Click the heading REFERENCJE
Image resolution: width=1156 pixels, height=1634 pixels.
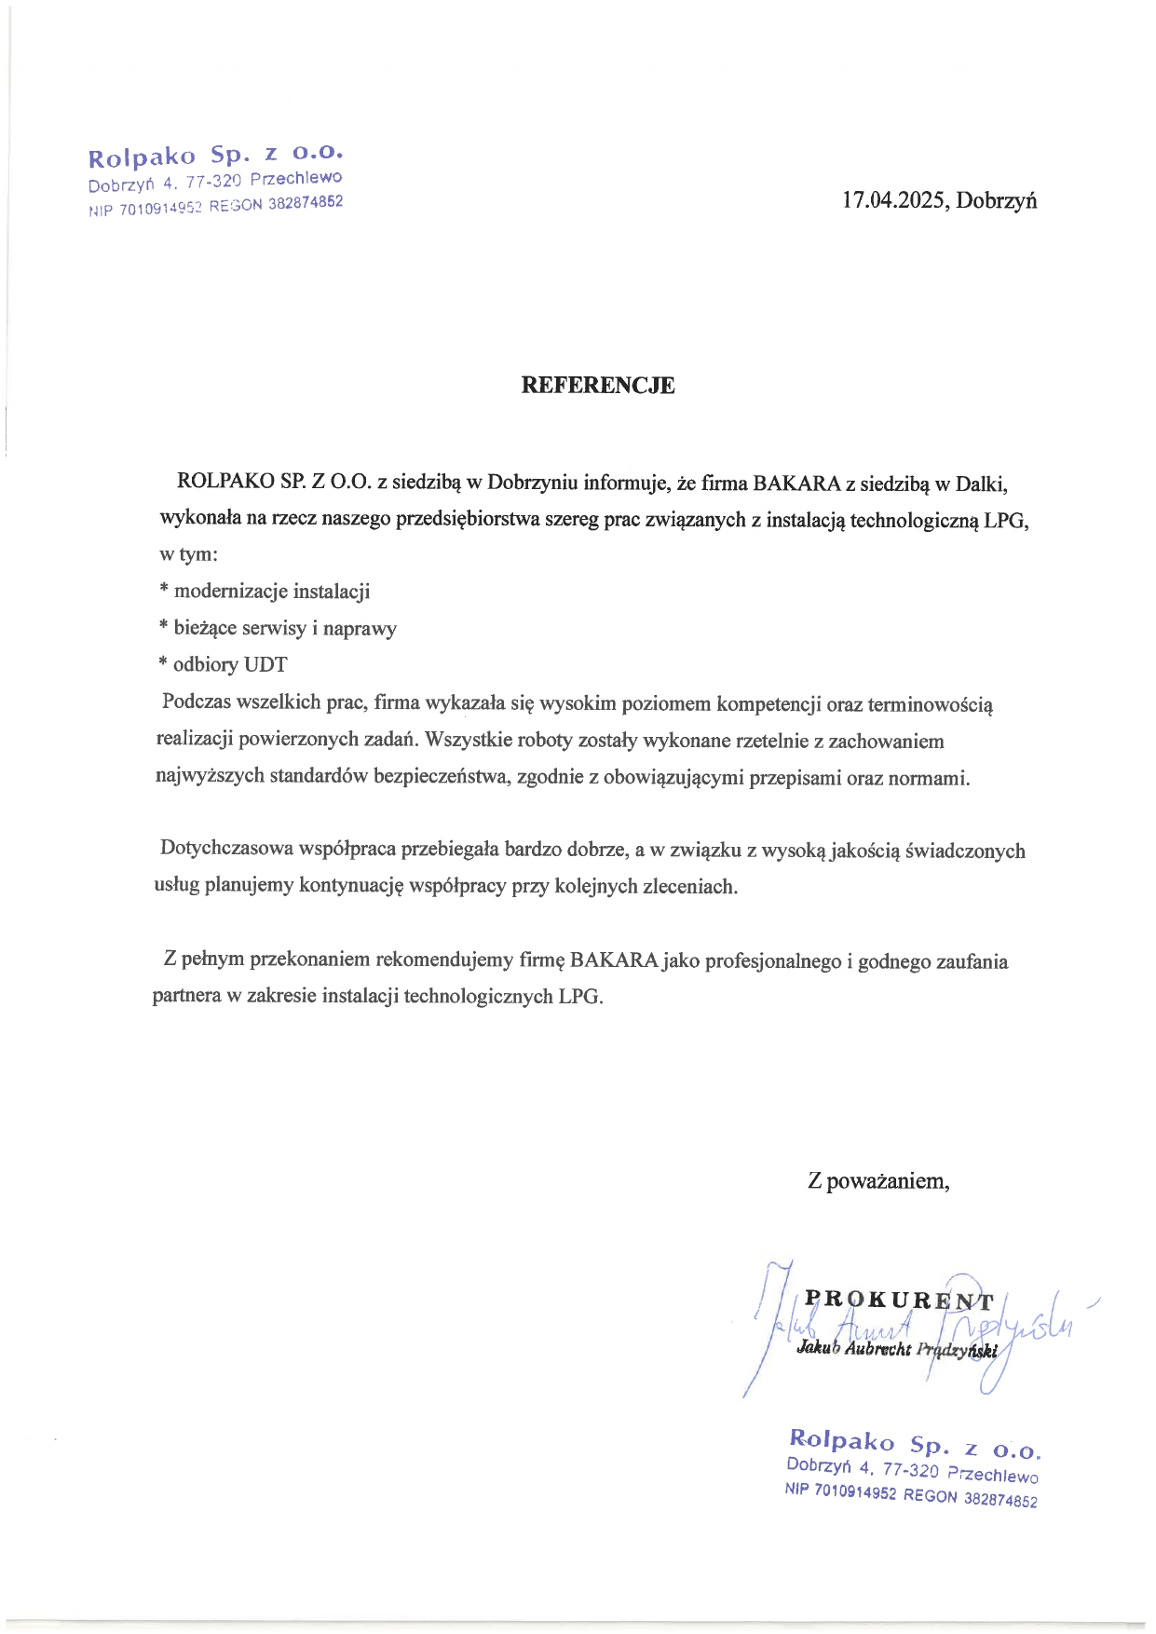pyautogui.click(x=597, y=386)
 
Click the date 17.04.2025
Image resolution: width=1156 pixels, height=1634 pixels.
pyautogui.click(x=893, y=200)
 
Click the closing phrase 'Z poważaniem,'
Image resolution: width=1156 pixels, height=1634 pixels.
pyautogui.click(x=878, y=1181)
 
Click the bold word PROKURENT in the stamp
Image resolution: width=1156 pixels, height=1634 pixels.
pyautogui.click(x=899, y=1300)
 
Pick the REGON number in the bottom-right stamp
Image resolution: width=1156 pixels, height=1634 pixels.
pyautogui.click(x=1000, y=1500)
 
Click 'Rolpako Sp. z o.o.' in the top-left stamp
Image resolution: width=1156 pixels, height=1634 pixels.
pyautogui.click(x=216, y=154)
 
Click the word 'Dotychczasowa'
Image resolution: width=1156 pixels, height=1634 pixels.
pyautogui.click(x=226, y=849)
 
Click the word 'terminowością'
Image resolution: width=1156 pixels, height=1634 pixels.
pyautogui.click(x=930, y=705)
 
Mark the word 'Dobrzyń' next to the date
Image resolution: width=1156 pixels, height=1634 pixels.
pyautogui.click(x=997, y=200)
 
